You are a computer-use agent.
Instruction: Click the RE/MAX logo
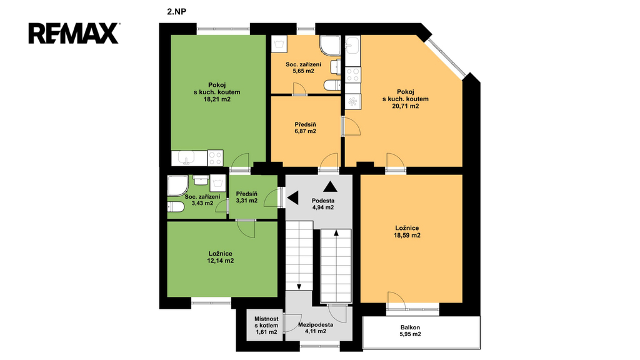tap(74, 33)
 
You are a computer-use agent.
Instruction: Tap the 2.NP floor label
tap(176, 12)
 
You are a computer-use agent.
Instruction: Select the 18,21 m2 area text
tap(217, 99)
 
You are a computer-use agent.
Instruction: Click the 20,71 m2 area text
tap(405, 106)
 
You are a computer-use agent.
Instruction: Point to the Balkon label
tap(410, 327)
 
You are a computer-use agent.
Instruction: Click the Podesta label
tap(323, 201)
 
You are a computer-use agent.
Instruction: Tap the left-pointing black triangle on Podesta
tap(292, 198)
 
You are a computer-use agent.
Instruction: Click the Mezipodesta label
tap(316, 325)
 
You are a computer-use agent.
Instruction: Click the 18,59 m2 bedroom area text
tap(407, 236)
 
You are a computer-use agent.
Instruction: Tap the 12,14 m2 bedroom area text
tap(220, 261)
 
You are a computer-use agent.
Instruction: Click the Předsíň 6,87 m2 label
tap(305, 127)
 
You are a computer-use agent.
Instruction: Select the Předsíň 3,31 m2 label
tap(246, 197)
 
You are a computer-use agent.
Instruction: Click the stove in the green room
tap(215, 158)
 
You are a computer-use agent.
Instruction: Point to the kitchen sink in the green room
tap(189, 158)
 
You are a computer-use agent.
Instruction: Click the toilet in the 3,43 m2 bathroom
tap(176, 207)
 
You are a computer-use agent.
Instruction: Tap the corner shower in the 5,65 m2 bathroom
tap(330, 45)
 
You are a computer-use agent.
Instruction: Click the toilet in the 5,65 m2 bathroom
tap(332, 85)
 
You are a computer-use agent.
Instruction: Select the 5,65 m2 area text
tap(303, 71)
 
